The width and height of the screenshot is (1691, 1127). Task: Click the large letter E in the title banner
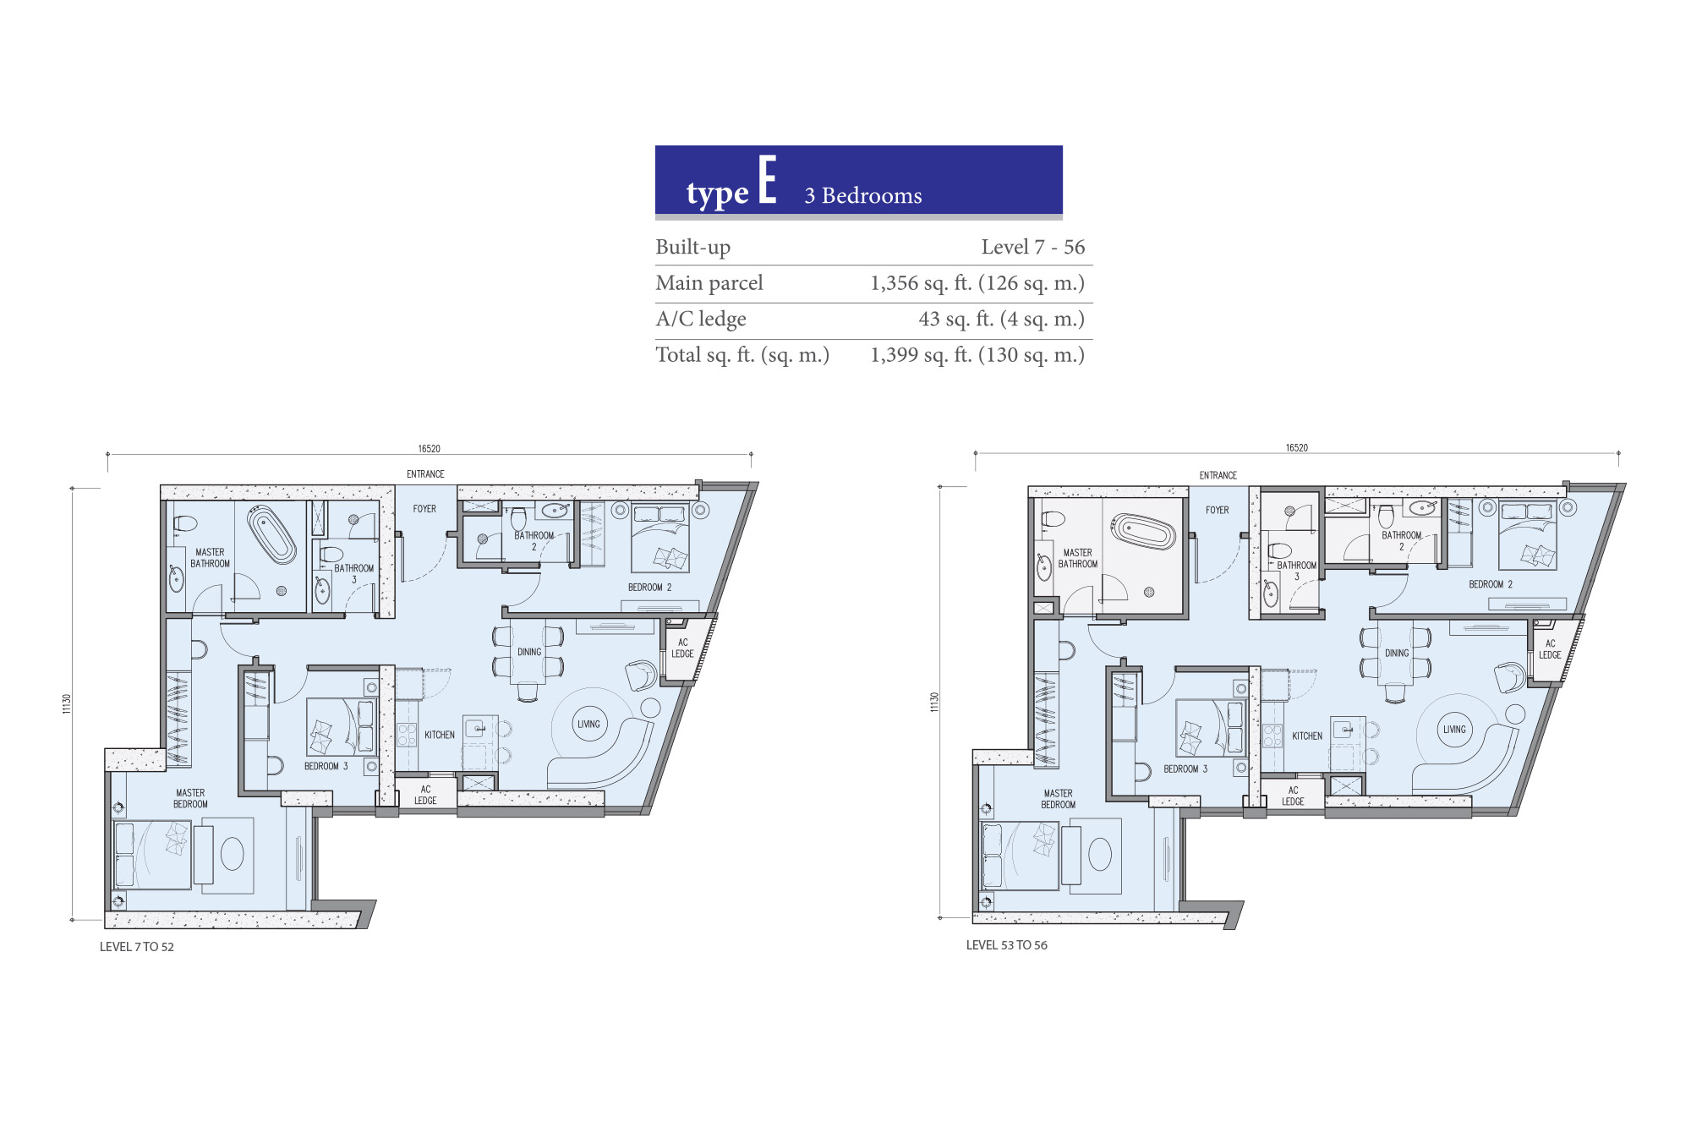pyautogui.click(x=767, y=179)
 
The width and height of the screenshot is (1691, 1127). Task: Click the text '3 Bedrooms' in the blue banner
pyautogui.click(x=863, y=196)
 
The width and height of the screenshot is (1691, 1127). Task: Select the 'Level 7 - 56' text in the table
pyautogui.click(x=1032, y=247)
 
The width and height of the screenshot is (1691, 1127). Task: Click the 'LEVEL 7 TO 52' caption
pyautogui.click(x=137, y=947)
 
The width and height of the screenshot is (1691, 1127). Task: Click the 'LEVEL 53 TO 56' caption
pyautogui.click(x=1007, y=945)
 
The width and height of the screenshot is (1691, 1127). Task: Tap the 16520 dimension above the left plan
pyautogui.click(x=429, y=449)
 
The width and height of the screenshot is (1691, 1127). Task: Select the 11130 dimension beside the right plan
pyautogui.click(x=934, y=703)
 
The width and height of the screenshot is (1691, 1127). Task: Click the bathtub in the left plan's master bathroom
pyautogui.click(x=271, y=534)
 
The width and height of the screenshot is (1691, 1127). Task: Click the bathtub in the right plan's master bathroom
pyautogui.click(x=1144, y=532)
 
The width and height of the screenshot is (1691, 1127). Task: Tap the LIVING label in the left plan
pyautogui.click(x=588, y=725)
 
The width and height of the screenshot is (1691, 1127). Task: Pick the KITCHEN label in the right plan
pyautogui.click(x=1307, y=736)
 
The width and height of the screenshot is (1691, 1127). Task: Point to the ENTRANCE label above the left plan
pyautogui.click(x=425, y=474)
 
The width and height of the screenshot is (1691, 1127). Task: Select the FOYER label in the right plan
pyautogui.click(x=1218, y=511)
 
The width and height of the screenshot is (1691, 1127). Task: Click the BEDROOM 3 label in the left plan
pyautogui.click(x=326, y=766)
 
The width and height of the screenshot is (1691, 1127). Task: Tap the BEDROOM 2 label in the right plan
pyautogui.click(x=1491, y=584)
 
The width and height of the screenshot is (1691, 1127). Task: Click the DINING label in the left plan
pyautogui.click(x=529, y=652)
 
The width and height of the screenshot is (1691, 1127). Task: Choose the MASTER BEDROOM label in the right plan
pyautogui.click(x=1059, y=799)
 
